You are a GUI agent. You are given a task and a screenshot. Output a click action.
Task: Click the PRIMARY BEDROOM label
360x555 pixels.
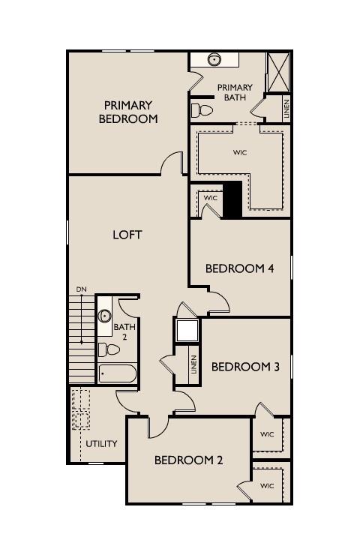coord(128,112)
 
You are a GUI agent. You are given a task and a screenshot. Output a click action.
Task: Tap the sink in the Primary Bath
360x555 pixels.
coord(214,59)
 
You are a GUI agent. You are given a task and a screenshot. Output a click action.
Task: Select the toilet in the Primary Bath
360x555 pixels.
coord(201,111)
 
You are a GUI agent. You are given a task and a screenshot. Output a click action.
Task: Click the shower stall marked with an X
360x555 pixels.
coord(277,73)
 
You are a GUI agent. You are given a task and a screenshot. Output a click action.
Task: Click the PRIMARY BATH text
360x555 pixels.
coord(235,93)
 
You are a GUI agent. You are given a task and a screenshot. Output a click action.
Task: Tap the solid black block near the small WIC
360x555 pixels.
coord(232,200)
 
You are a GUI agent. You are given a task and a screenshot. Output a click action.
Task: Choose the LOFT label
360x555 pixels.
coord(127,235)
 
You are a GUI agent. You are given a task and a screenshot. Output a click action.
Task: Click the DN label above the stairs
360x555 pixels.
coord(81,289)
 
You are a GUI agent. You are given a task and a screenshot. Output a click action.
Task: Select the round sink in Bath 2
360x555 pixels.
coord(105,316)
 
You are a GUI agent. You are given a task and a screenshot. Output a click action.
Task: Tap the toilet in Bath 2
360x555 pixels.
coord(109,349)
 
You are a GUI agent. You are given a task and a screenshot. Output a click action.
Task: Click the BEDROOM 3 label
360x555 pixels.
coord(245,367)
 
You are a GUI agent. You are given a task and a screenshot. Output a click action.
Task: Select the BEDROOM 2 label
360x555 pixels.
coord(188,460)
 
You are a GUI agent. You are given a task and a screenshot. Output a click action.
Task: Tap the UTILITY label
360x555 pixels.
coord(100,443)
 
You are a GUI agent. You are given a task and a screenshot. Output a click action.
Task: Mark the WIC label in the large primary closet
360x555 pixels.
coord(240,152)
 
